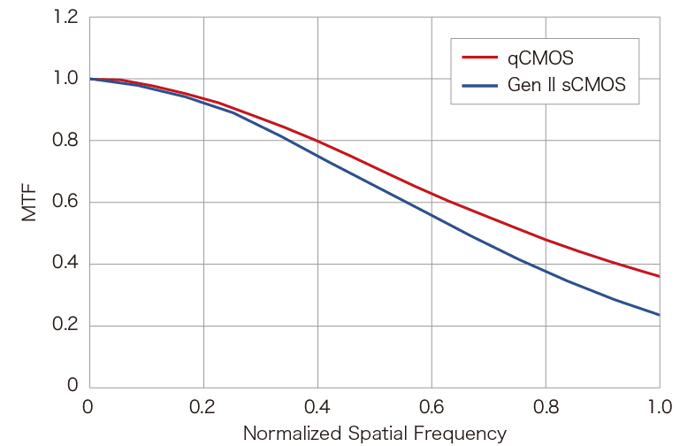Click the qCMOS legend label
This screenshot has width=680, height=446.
(540, 58)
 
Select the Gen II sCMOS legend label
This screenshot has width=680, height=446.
(567, 85)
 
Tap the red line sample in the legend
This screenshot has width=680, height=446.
(479, 58)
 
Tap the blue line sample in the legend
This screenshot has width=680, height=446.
(479, 86)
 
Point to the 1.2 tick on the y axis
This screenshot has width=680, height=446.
(65, 17)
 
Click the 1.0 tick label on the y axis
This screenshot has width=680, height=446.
(65, 79)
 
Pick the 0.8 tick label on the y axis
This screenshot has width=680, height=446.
(65, 140)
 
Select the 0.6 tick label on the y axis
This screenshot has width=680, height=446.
(65, 202)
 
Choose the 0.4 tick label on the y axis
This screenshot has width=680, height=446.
(65, 263)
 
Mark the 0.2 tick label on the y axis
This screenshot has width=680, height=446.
(65, 325)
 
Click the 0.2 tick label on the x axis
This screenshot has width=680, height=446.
(202, 407)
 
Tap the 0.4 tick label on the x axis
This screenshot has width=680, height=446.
(317, 407)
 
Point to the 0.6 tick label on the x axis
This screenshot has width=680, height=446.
(432, 407)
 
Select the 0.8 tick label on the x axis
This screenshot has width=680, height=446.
(546, 407)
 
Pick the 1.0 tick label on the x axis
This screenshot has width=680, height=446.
(660, 407)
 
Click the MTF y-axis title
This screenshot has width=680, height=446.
(29, 203)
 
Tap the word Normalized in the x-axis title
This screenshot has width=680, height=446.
(293, 434)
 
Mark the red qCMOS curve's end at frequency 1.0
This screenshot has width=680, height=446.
(660, 276)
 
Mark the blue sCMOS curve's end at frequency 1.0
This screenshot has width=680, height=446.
(660, 315)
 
